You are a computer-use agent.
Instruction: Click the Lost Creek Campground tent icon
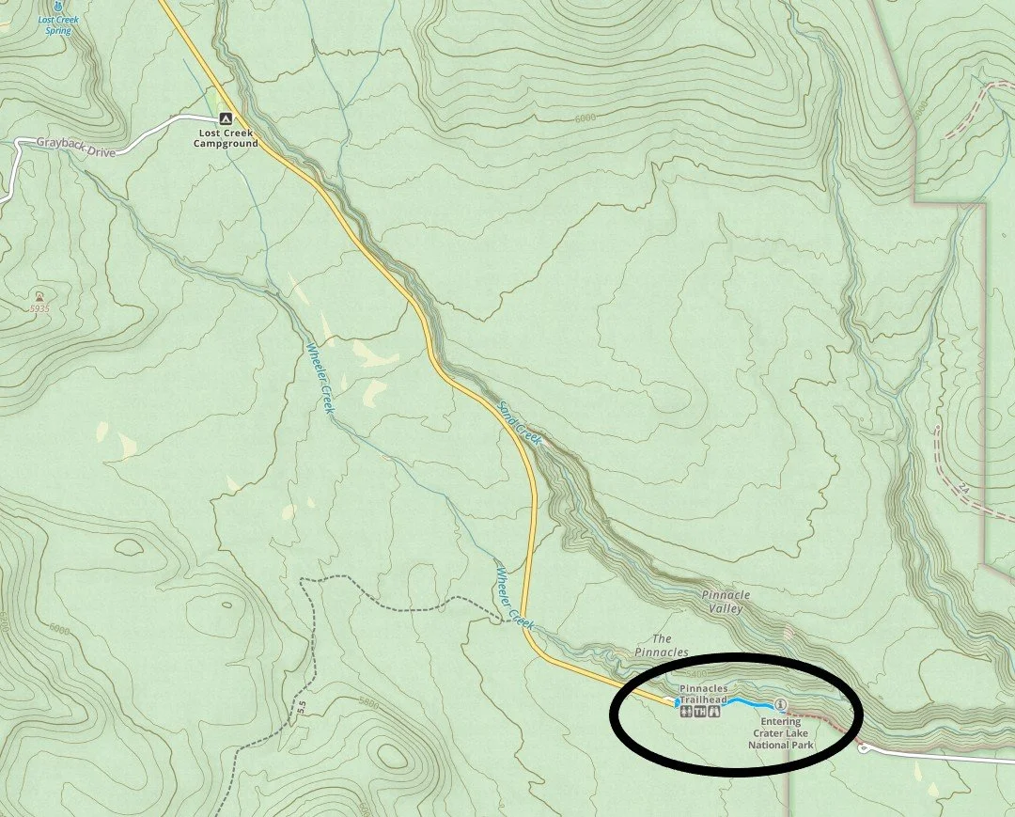coord(225,119)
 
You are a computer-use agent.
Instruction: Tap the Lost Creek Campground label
coord(225,138)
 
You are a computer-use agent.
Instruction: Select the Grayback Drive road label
coord(74,147)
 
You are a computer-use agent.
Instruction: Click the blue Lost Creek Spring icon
coord(58,7)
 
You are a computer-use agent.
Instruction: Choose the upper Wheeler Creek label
coord(320,377)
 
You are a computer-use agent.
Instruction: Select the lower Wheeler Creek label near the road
coord(513,597)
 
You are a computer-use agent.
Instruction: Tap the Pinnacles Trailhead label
coord(703,694)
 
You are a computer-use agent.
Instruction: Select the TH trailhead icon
coord(700,712)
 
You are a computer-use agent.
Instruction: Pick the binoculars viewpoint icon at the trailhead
coord(715,712)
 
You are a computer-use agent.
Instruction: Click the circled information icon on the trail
coord(779,705)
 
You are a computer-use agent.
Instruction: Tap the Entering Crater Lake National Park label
coord(780,733)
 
